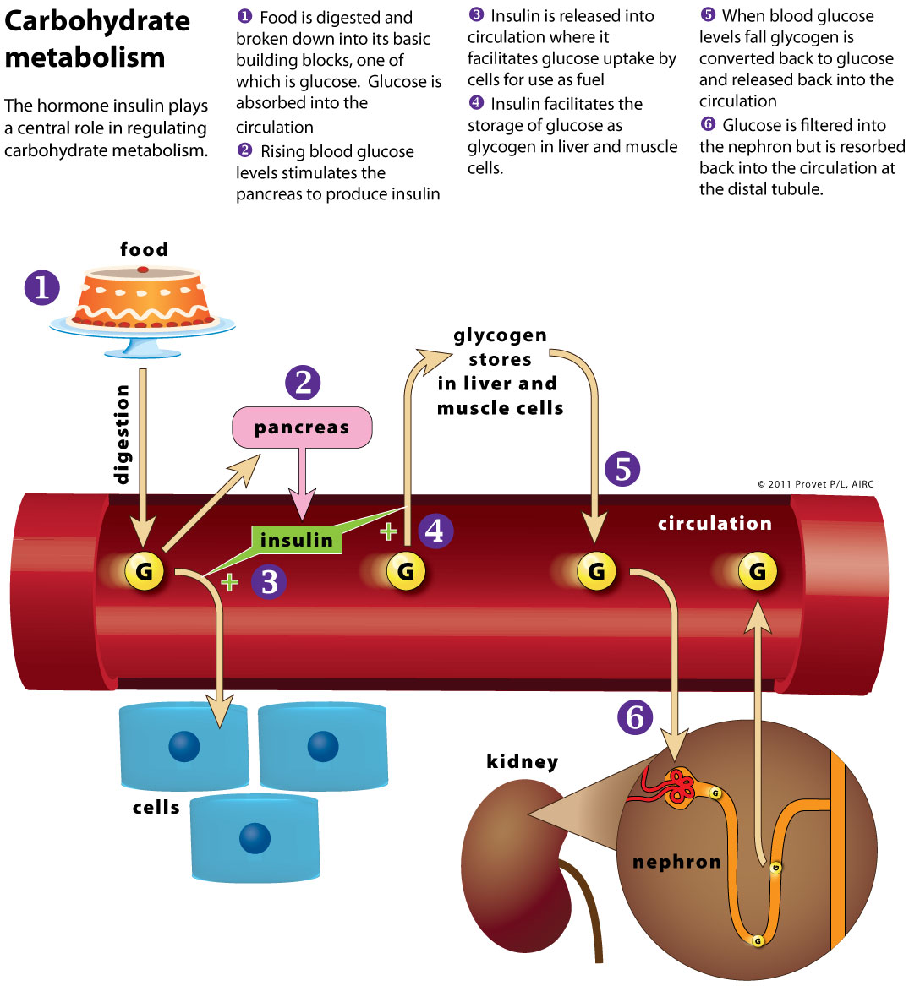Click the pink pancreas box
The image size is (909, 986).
point(302,428)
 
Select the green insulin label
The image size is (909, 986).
point(297,540)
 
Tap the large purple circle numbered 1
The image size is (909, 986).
point(41,287)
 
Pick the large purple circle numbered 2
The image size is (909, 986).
point(303,383)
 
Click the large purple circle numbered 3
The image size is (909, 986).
point(270,581)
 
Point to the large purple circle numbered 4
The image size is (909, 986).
point(435,531)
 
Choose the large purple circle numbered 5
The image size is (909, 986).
point(622,469)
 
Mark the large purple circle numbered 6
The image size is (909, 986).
point(635,717)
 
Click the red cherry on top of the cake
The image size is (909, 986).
point(143,270)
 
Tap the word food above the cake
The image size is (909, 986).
point(144,249)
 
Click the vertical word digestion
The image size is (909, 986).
point(123,434)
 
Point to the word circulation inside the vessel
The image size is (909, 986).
point(715,524)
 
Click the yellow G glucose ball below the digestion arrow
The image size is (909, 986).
point(145,572)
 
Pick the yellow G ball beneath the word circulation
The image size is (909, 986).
point(757,572)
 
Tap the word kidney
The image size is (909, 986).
point(522,762)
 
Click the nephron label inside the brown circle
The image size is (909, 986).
point(676,862)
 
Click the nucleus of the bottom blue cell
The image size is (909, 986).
point(255,839)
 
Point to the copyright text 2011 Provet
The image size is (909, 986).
point(815,484)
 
